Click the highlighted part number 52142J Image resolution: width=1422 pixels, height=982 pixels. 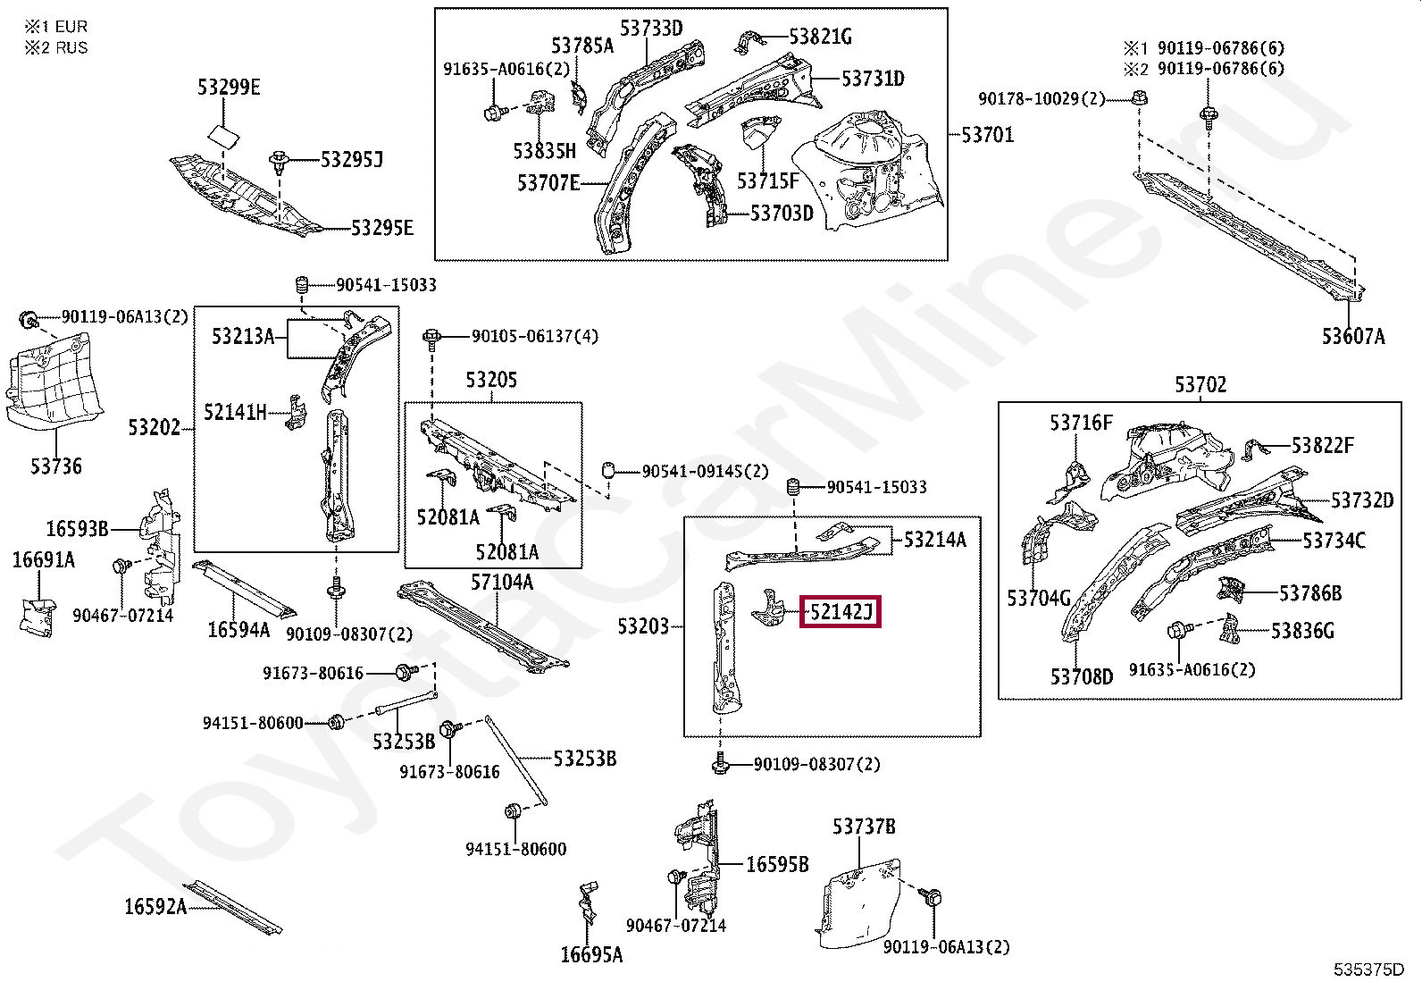[840, 612]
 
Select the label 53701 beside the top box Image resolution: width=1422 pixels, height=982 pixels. [987, 135]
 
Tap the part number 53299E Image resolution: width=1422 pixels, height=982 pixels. [229, 87]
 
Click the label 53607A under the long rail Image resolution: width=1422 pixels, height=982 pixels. [1352, 336]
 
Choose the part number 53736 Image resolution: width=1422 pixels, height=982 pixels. [55, 466]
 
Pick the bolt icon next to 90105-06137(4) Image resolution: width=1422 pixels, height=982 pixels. [432, 337]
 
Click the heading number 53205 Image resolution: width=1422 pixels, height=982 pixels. [490, 380]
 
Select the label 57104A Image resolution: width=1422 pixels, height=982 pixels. [501, 583]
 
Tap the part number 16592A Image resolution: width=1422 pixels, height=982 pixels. [155, 907]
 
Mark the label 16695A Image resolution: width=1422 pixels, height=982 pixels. [590, 954]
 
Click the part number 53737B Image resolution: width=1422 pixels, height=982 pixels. [863, 827]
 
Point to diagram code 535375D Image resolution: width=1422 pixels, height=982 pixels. [1368, 969]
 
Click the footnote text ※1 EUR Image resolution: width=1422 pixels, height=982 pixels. [55, 27]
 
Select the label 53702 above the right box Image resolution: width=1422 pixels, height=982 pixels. [1200, 385]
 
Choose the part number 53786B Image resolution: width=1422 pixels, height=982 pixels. [1309, 593]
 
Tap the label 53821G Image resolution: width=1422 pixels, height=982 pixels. [819, 37]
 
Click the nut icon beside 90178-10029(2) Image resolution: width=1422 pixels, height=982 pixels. [1139, 97]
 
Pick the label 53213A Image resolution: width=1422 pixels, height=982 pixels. [242, 336]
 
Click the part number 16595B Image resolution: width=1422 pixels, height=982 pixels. [776, 864]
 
